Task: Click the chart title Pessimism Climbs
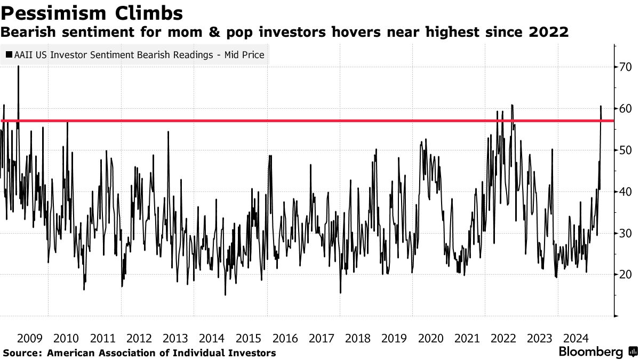tap(91, 13)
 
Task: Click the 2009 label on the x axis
tap(30, 338)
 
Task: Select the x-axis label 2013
tap(175, 338)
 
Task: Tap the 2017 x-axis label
tap(321, 338)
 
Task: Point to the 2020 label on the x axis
tap(430, 338)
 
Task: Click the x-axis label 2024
tap(576, 338)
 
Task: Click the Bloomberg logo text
tap(590, 352)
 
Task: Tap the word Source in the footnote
tap(22, 353)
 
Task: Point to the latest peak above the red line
tap(601, 107)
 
